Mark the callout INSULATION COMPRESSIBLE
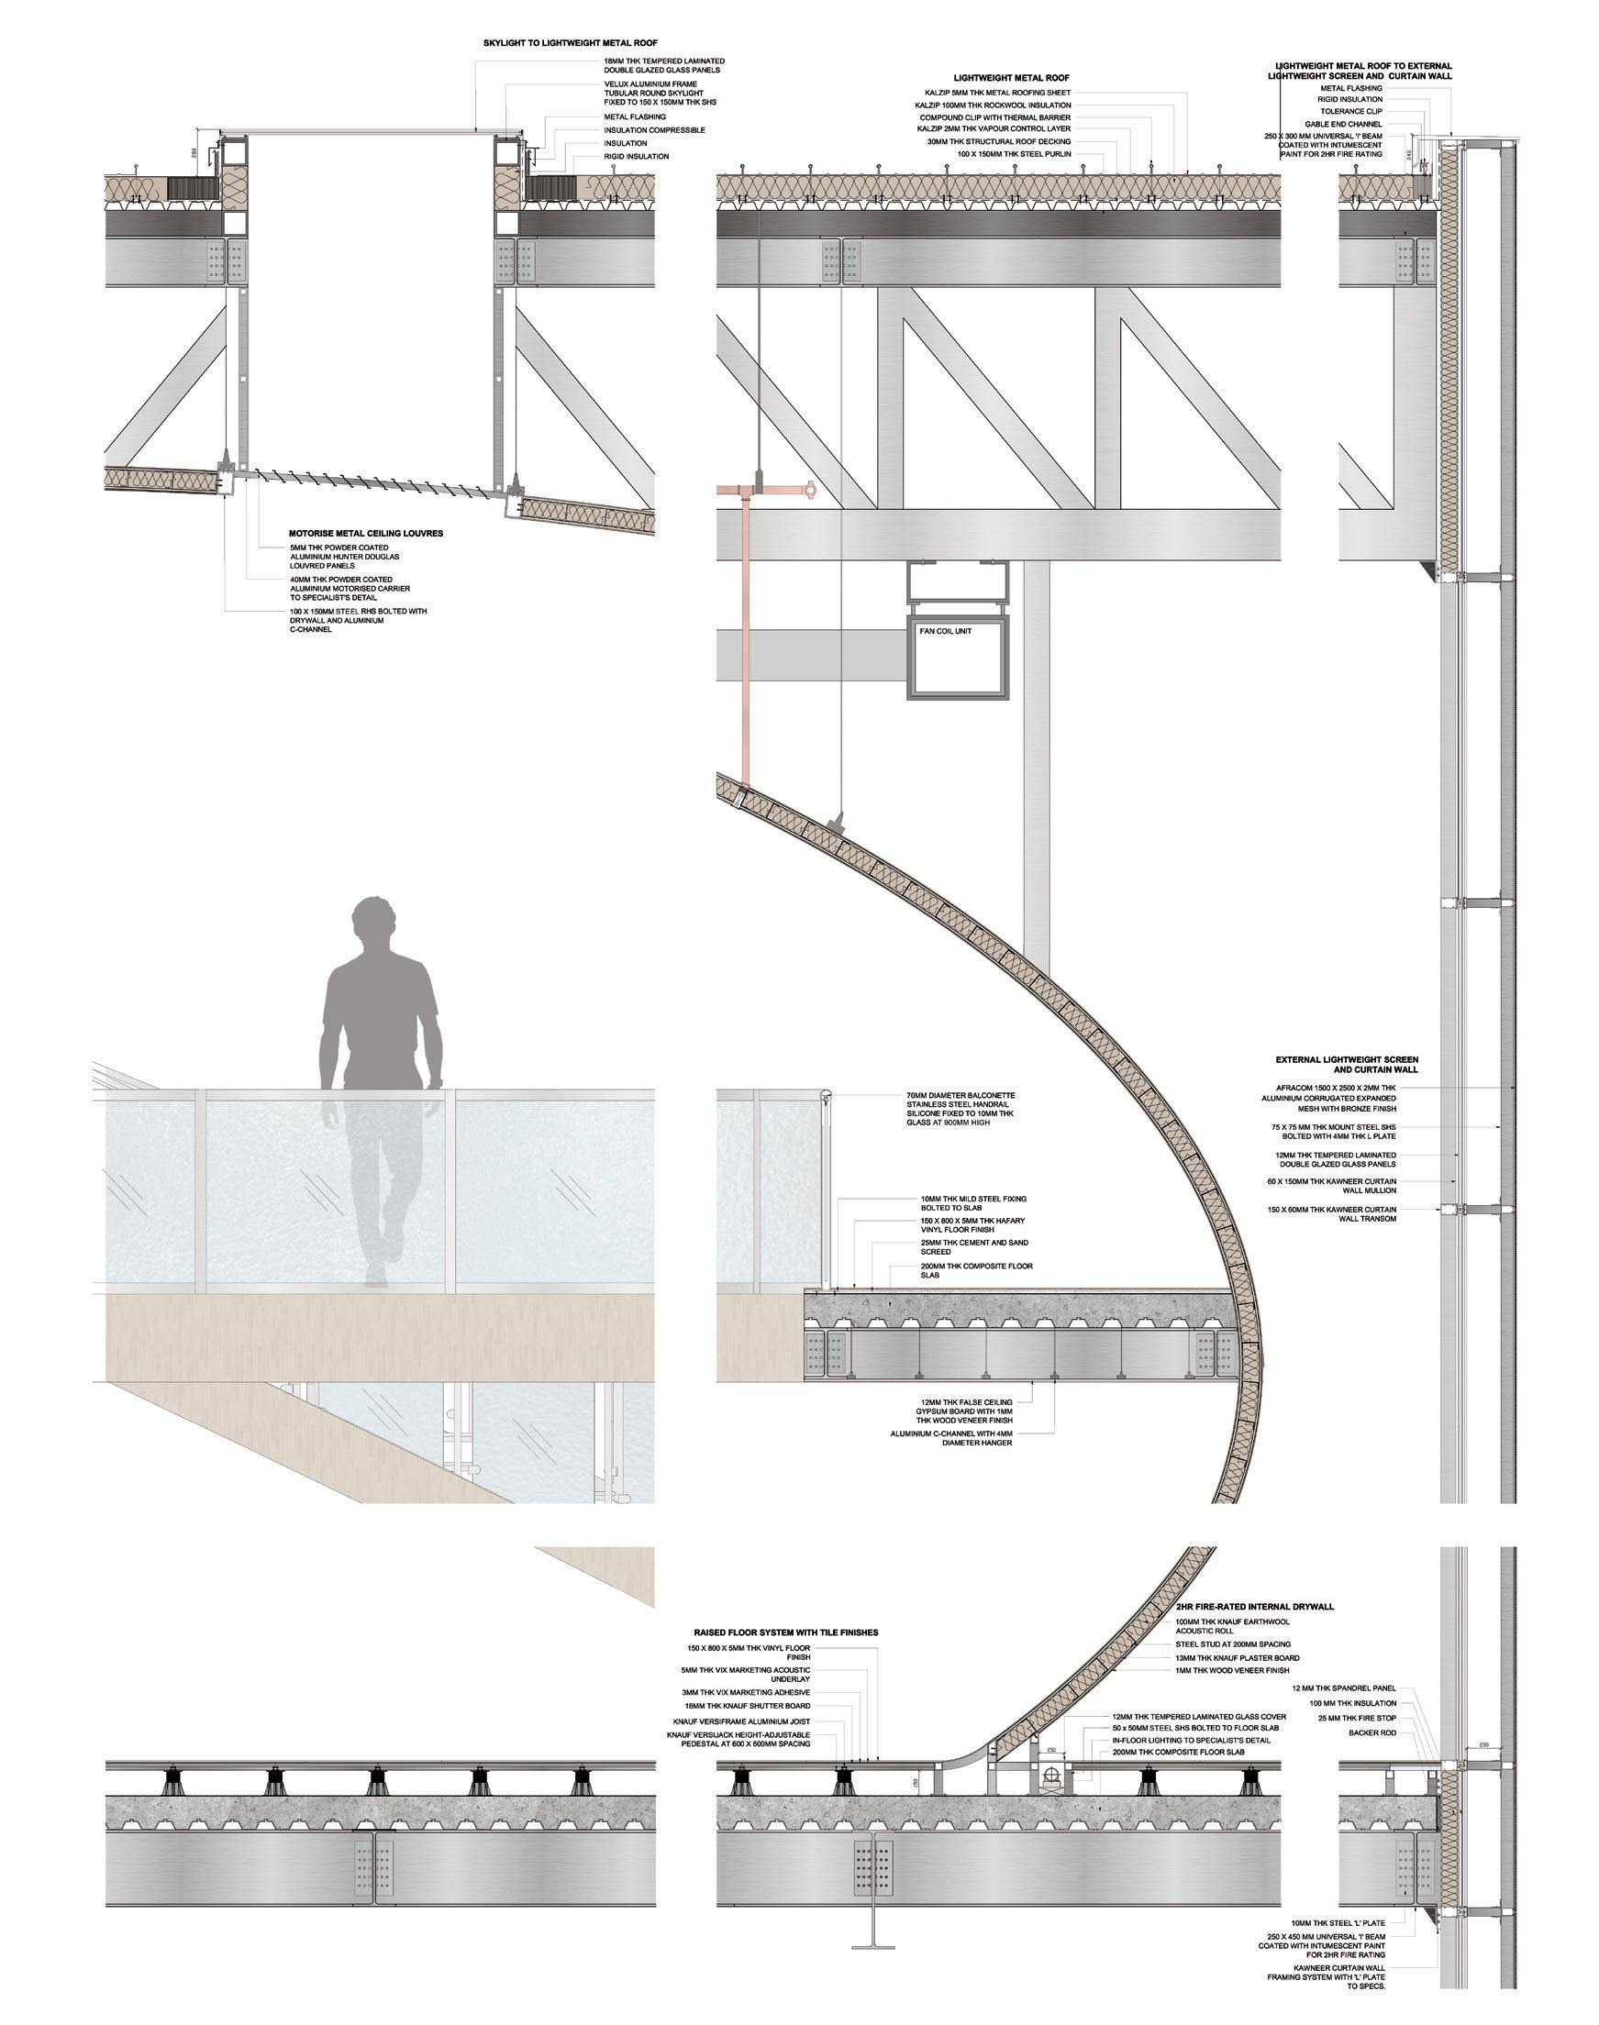pos(654,130)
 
